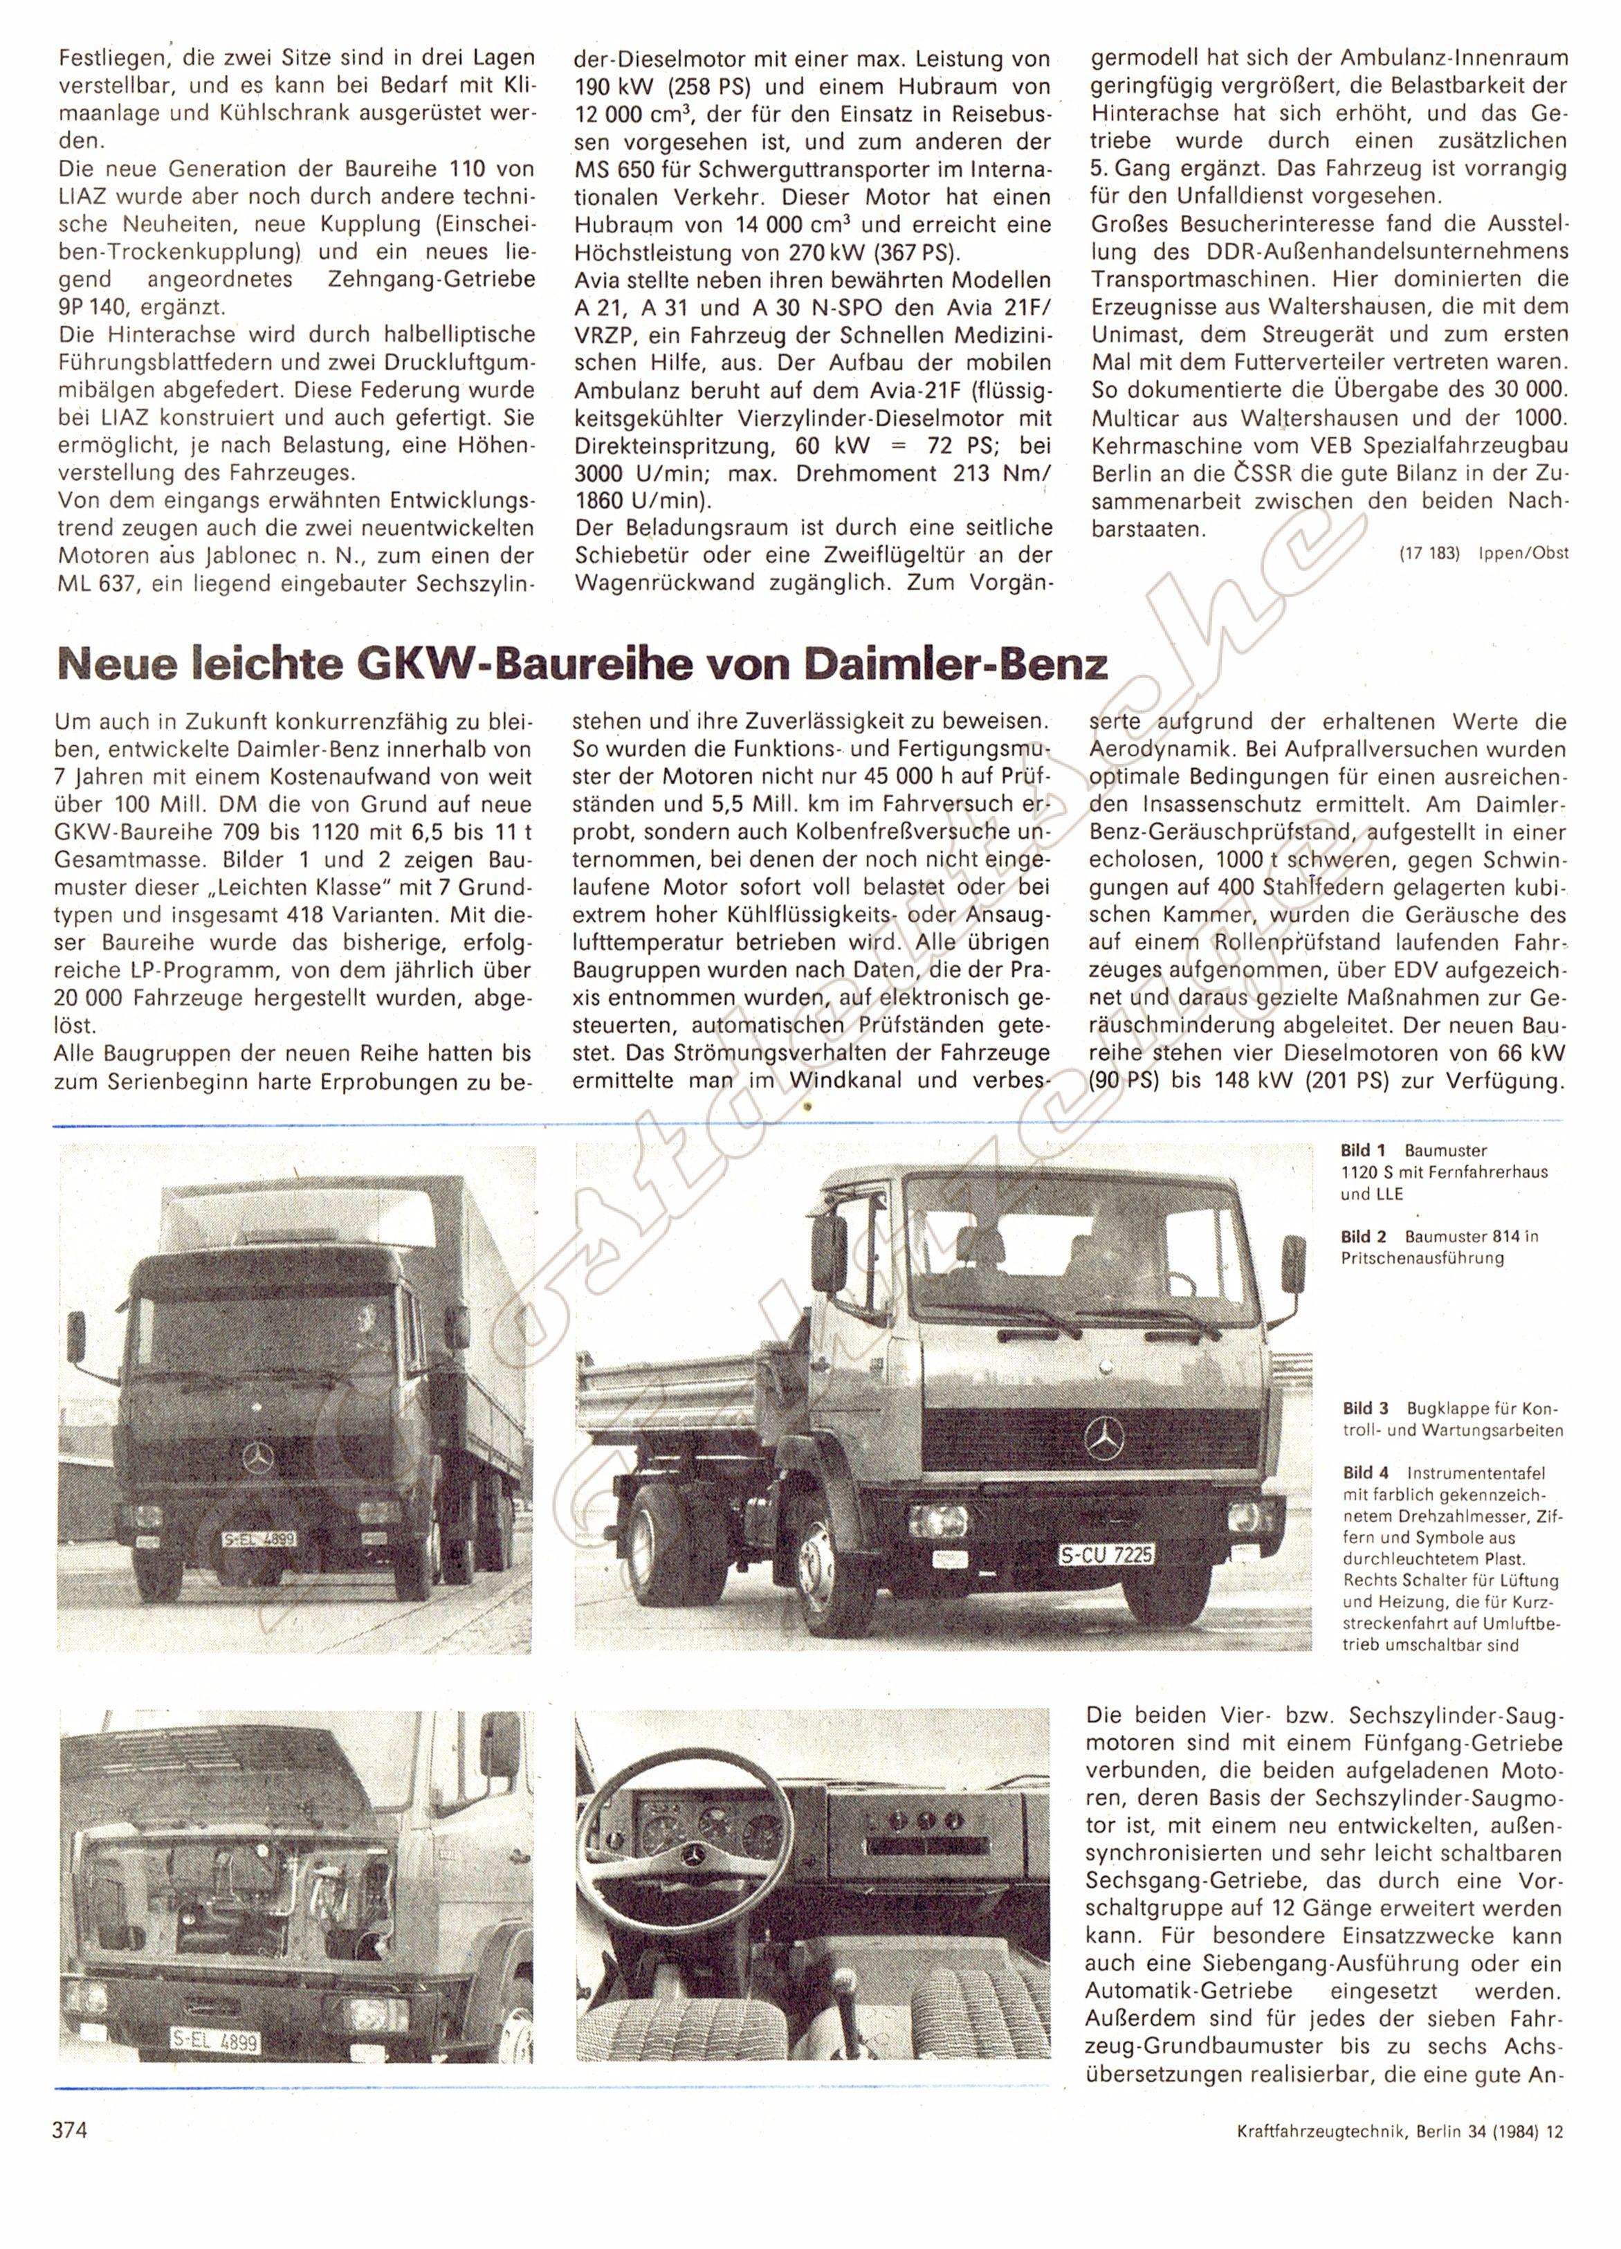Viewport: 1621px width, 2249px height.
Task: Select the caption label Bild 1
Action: pos(1362,1150)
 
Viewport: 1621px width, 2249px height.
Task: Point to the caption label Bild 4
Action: pos(1362,1473)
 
